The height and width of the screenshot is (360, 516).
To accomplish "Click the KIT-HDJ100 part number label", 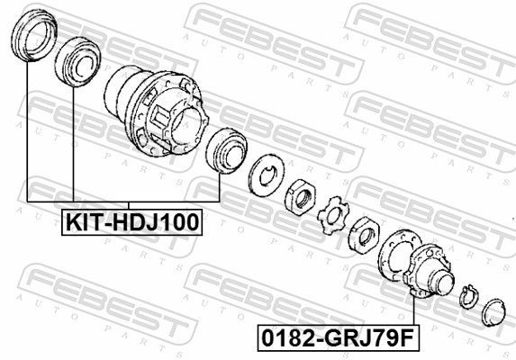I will coord(131,221).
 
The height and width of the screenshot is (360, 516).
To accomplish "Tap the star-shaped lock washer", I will coord(332,217).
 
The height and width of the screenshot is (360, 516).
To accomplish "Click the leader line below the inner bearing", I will coord(72,144).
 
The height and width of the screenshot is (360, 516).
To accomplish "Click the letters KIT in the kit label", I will coord(80,221).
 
